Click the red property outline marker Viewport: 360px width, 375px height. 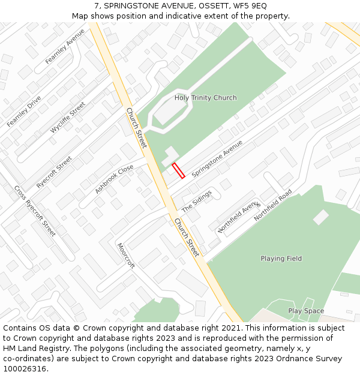[x=178, y=171]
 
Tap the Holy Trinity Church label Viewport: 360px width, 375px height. [x=205, y=98]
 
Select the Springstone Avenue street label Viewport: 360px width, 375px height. [x=217, y=158]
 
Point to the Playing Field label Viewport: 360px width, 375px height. [x=281, y=259]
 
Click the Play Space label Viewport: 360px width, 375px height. [x=306, y=311]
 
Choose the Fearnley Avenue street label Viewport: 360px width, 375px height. [x=65, y=46]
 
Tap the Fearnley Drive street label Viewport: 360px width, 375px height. [x=24, y=111]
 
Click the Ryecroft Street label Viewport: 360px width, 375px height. [x=54, y=172]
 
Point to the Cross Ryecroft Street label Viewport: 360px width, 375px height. [x=35, y=211]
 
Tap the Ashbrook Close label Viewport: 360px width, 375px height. [x=114, y=179]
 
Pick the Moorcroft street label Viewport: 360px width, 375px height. [x=126, y=256]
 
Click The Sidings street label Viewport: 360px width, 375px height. [x=197, y=200]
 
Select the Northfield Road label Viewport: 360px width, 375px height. [x=272, y=205]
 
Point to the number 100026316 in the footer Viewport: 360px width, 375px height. [x=25, y=368]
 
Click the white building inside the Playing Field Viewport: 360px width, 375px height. [x=321, y=217]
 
